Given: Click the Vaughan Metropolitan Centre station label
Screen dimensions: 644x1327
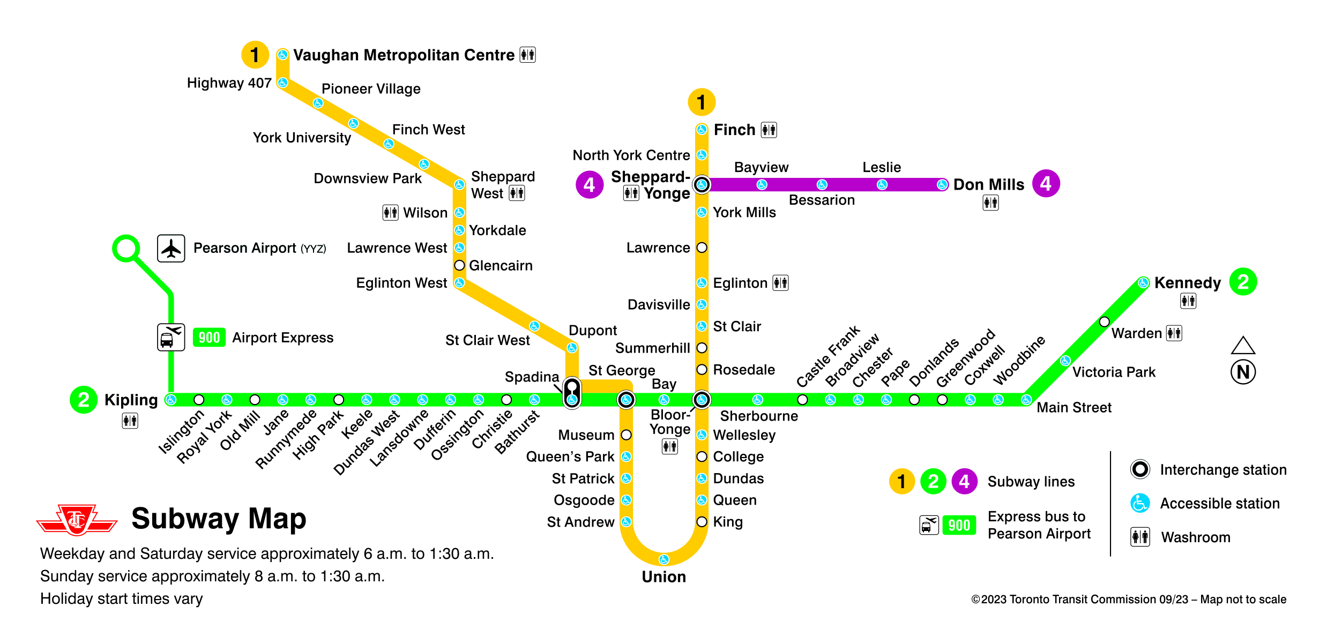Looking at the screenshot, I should point(404,55).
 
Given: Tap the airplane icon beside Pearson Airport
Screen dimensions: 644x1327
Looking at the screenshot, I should point(171,249).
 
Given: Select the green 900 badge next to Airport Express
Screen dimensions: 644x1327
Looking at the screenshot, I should point(209,338).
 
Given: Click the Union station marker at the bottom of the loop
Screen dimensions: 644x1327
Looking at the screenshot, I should point(664,559).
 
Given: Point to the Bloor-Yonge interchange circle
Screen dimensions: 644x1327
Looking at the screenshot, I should point(702,400).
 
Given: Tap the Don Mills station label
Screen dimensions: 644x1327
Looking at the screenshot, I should point(988,185).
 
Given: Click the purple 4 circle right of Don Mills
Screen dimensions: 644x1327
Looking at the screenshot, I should point(1046,184).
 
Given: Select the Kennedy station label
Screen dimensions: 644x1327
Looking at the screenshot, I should point(1187,283).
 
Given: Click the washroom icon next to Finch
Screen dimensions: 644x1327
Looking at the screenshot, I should point(769,130).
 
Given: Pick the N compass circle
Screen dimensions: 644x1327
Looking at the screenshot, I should point(1243,372).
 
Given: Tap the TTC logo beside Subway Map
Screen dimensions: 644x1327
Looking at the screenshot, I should point(77,520).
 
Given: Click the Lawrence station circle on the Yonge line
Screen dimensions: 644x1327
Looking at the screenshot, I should point(702,248).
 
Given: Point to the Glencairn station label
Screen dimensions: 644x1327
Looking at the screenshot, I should point(501,266).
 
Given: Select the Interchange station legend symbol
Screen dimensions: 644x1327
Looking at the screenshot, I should point(1140,469).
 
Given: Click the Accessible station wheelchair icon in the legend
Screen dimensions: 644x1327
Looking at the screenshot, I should point(1140,503).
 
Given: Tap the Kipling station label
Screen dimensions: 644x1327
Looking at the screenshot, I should point(131,400).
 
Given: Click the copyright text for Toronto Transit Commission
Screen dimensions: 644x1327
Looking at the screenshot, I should point(1128,600).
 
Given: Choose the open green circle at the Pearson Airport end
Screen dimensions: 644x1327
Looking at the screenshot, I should point(126,249).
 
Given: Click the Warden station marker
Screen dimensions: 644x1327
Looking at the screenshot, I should point(1104,322).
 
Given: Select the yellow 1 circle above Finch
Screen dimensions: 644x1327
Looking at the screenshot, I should point(702,102).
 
